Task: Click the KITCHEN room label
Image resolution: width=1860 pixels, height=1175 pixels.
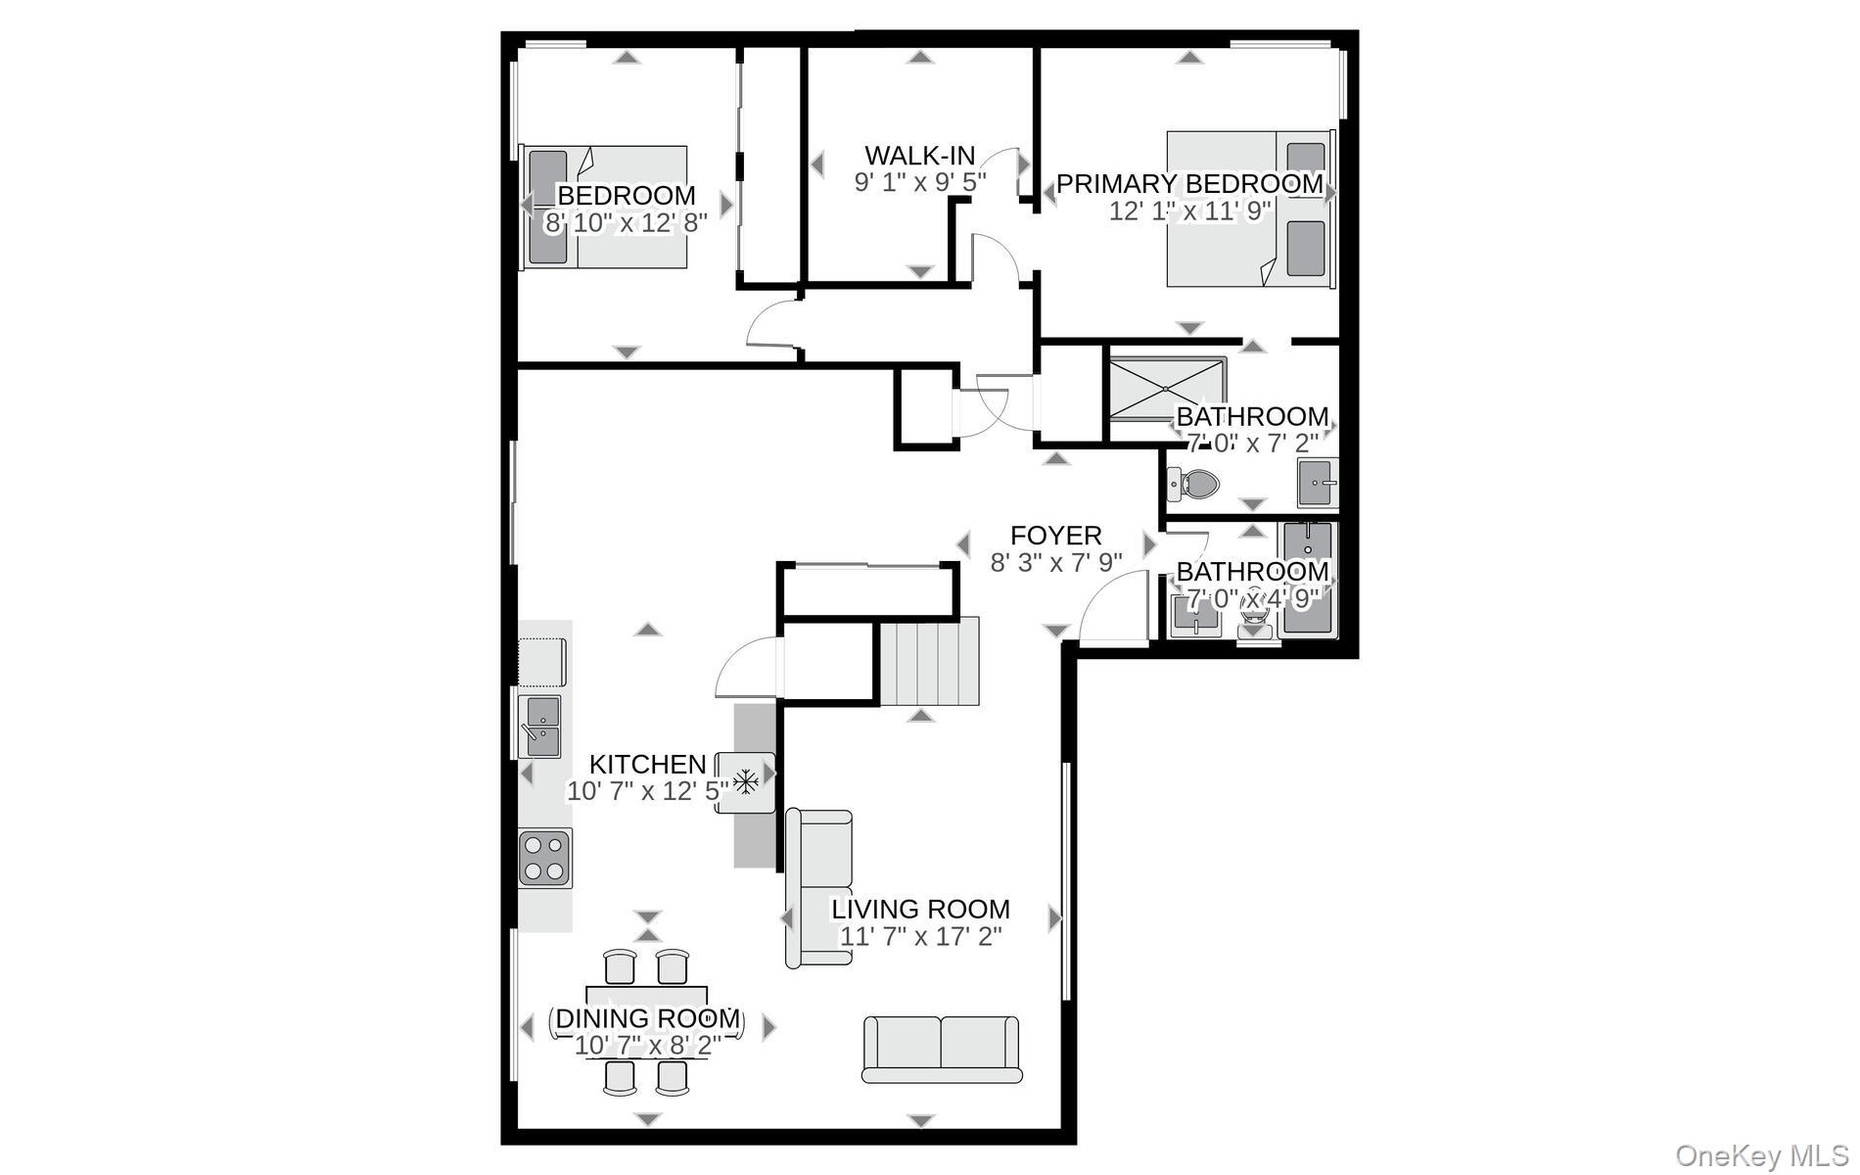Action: (x=647, y=764)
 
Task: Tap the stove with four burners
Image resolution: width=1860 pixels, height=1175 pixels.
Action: (x=545, y=857)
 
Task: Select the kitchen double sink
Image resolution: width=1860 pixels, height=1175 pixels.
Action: (x=539, y=726)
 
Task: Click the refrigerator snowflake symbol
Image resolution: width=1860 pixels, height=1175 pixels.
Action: (x=747, y=782)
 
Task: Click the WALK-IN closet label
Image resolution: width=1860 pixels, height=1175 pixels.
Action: (x=919, y=155)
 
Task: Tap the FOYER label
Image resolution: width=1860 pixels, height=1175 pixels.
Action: (x=1055, y=536)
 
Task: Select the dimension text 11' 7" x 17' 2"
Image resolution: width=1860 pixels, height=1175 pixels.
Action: (x=920, y=936)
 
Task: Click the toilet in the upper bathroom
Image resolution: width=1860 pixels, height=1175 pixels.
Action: (x=1197, y=483)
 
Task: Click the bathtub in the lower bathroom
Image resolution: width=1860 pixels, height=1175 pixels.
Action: (x=1307, y=580)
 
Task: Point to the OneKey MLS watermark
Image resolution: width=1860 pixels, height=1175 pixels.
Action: (x=1761, y=1156)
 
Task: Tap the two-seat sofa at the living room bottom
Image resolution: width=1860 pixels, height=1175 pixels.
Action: (x=941, y=1049)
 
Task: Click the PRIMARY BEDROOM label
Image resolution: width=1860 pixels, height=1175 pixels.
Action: (x=1189, y=183)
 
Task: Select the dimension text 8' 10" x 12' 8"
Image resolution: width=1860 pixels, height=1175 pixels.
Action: (x=626, y=222)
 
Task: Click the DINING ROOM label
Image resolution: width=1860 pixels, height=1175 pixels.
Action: (x=647, y=1018)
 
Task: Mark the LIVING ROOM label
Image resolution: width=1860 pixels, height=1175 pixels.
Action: (x=920, y=909)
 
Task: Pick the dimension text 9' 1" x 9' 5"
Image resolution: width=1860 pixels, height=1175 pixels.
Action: (x=919, y=182)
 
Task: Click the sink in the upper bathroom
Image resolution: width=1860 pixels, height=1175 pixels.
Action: (x=1317, y=483)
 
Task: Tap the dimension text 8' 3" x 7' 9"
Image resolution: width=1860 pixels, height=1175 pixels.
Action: (x=1055, y=563)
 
